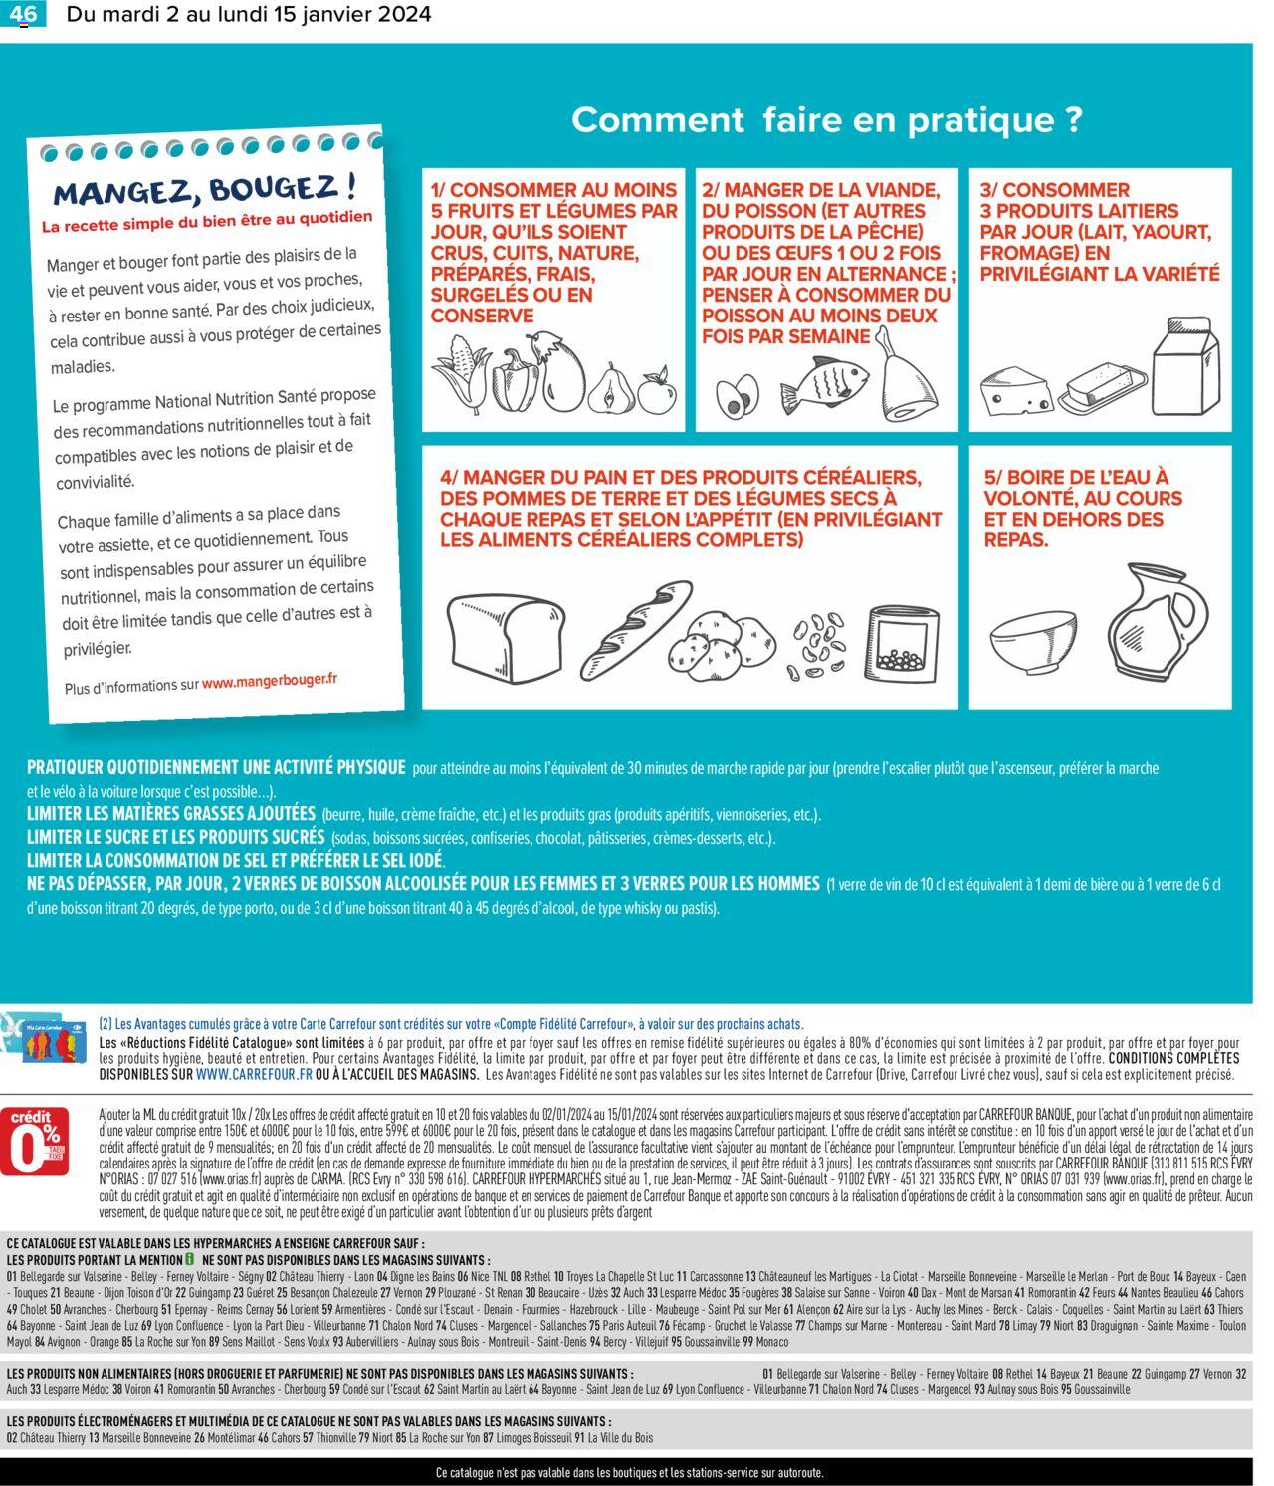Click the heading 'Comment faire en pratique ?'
[825, 120]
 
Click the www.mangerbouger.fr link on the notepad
[270, 681]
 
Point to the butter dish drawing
[1099, 389]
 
